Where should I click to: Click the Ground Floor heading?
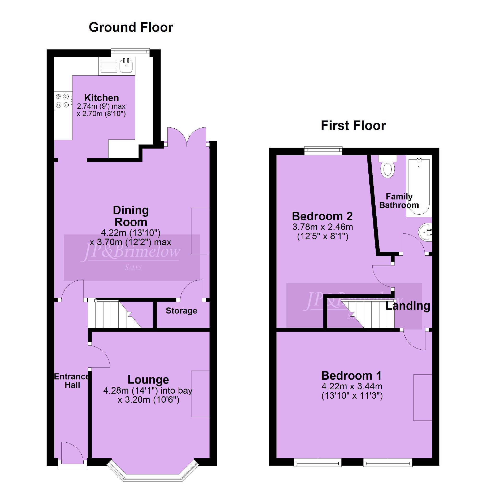pyautogui.click(x=131, y=27)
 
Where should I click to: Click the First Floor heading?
pyautogui.click(x=353, y=126)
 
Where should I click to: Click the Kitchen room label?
pyautogui.click(x=102, y=98)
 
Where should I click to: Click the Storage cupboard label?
pyautogui.click(x=181, y=311)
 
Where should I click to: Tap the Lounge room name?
pyautogui.click(x=148, y=380)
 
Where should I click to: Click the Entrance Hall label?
pyautogui.click(x=72, y=381)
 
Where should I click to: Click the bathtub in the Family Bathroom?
pyautogui.click(x=419, y=186)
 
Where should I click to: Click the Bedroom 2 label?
pyautogui.click(x=322, y=216)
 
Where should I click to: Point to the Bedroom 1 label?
pyautogui.click(x=351, y=376)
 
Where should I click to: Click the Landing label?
pyautogui.click(x=408, y=306)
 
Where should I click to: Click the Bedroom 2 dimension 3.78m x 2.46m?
pyautogui.click(x=323, y=227)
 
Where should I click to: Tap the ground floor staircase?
pyautogui.click(x=114, y=314)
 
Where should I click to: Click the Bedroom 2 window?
pyautogui.click(x=323, y=151)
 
